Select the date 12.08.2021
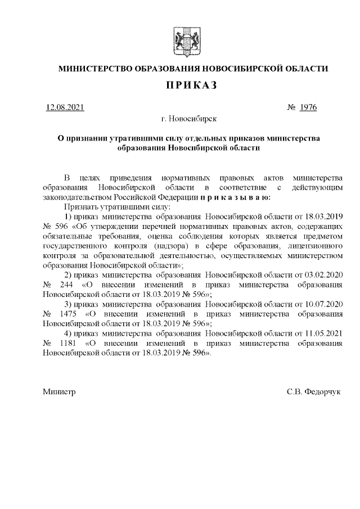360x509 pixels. (x=65, y=107)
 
